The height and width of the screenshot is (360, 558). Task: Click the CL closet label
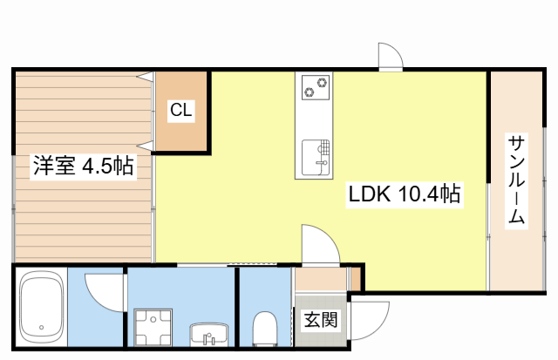coord(181,110)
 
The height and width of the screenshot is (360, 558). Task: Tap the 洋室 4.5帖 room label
coord(84,166)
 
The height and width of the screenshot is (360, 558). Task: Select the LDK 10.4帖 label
coord(405,194)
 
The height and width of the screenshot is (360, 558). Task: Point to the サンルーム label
coord(516,180)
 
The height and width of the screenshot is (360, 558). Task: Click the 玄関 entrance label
coord(320,319)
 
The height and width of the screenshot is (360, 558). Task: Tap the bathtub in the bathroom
coord(41,307)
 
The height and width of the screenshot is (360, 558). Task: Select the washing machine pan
coord(153,327)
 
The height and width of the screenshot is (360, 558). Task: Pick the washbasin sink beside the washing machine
coord(209,335)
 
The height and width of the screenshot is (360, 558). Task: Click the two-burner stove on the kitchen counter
coord(316,87)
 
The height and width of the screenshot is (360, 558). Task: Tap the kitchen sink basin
coord(316,157)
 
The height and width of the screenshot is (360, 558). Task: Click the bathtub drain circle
coord(41,327)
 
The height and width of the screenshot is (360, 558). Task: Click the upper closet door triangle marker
coord(146,76)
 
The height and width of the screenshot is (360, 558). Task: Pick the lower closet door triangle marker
coord(146,146)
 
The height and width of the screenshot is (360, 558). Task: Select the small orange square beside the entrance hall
coord(356,278)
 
